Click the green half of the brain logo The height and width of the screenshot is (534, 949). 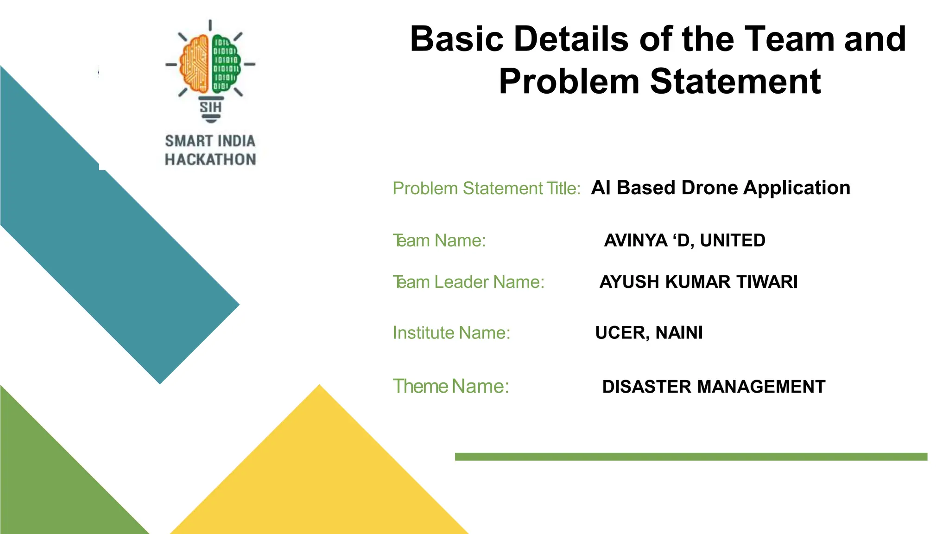pos(226,64)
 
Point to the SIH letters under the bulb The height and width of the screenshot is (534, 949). pos(211,108)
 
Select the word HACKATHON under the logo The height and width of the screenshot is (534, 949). pos(210,159)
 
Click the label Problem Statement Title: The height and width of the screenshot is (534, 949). pos(486,189)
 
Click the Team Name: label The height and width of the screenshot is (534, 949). pos(439,241)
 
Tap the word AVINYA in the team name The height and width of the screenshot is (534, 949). pos(636,241)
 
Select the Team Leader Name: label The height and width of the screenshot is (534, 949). pos(468,282)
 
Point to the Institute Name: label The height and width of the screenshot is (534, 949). pos(451,333)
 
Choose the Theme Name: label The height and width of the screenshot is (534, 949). pos(451,387)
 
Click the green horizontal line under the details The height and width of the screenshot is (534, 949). pos(690,457)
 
